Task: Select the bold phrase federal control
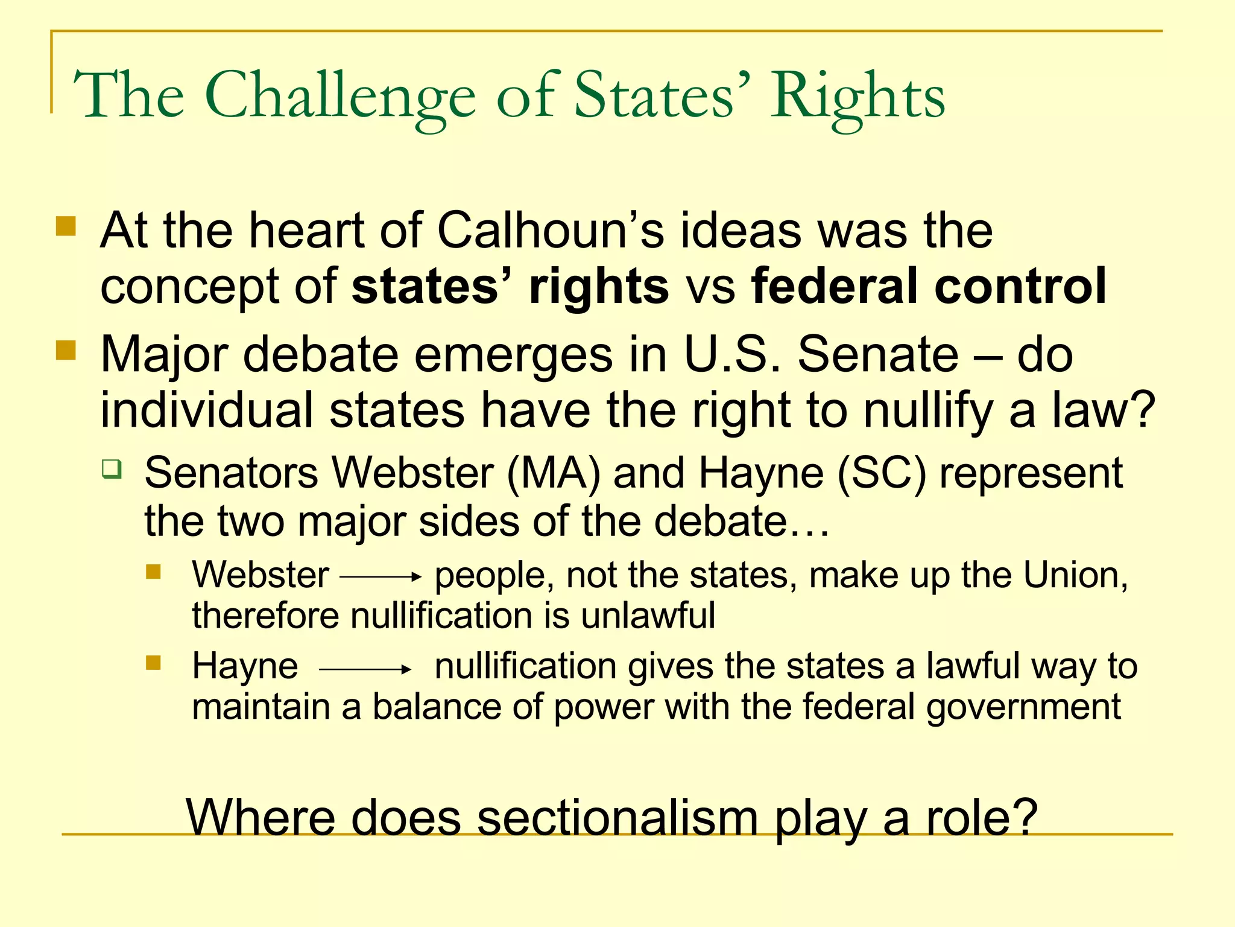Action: [929, 286]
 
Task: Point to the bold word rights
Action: [598, 286]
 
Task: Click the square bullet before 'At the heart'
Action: [66, 227]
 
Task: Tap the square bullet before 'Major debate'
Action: [66, 350]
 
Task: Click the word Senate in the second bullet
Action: [878, 355]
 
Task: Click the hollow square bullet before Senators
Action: [112, 468]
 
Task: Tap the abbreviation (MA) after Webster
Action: [554, 473]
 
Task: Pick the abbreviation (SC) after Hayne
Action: [881, 473]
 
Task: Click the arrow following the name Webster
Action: [381, 577]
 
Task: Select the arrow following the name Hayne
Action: [365, 669]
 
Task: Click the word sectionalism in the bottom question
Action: [617, 818]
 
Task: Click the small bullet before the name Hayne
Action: [153, 663]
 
